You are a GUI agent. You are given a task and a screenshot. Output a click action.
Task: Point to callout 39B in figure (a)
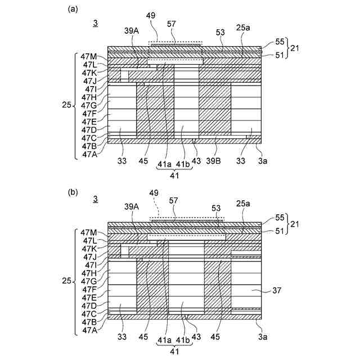[214, 162]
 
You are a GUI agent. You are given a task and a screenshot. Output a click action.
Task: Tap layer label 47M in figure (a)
[89, 57]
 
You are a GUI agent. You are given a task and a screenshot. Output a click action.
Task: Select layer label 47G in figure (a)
[89, 105]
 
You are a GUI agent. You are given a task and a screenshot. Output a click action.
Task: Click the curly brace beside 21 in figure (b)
[288, 224]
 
